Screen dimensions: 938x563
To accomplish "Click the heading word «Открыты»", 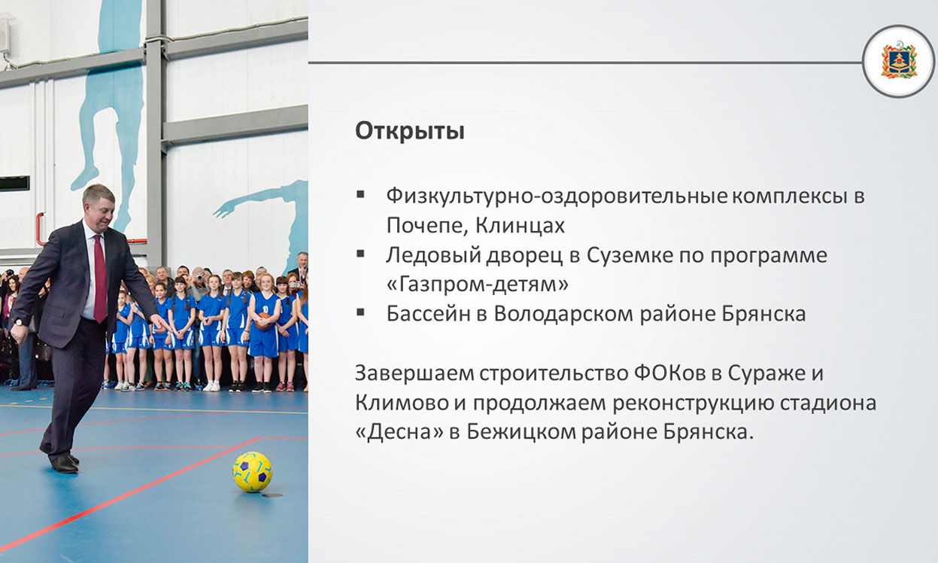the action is [x=410, y=131].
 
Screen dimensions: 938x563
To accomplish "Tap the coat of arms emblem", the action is [x=898, y=62].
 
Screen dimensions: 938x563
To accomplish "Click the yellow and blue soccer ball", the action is [x=253, y=472].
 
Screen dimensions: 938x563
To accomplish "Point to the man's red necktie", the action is [x=100, y=278].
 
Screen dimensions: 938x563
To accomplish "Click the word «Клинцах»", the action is [x=520, y=225].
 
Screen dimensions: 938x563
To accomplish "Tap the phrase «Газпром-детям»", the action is [x=477, y=285].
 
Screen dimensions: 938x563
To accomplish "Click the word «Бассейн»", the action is [x=428, y=314].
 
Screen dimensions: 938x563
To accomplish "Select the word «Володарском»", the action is [x=563, y=314].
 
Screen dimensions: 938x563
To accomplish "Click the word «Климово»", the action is [x=401, y=403].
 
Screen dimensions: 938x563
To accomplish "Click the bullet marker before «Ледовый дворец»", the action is [x=360, y=254].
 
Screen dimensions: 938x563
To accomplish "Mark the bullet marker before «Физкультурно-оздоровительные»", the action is [x=360, y=194].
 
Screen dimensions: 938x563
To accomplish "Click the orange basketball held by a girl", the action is [x=263, y=321].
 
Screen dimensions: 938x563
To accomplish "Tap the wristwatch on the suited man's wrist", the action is [x=18, y=322].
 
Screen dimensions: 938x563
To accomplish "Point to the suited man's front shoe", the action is [x=65, y=464].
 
